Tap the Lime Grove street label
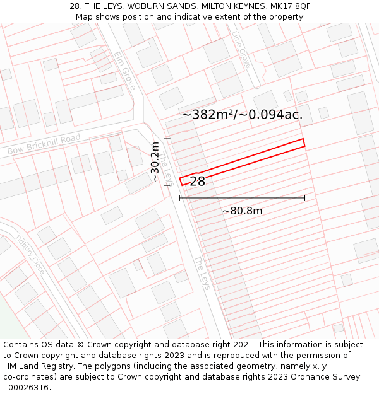(241, 50)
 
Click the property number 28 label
(197, 182)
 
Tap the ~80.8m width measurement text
(242, 211)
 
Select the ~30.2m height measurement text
(155, 162)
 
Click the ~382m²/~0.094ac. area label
(242, 115)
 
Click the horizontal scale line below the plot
(242, 198)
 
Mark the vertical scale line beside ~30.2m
(167, 162)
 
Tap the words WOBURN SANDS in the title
(163, 6)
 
